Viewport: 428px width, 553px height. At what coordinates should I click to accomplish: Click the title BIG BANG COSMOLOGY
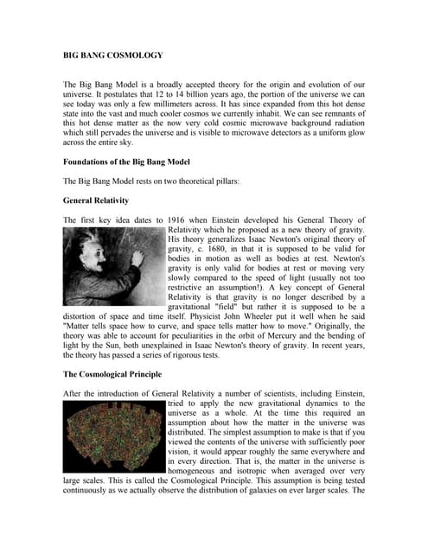pyautogui.click(x=114, y=54)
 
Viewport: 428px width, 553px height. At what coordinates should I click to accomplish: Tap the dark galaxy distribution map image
pyautogui.click(x=114, y=438)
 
